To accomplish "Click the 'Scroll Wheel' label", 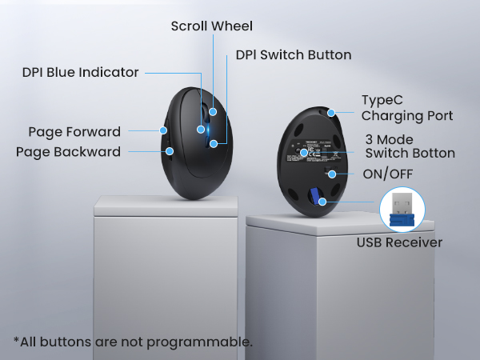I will tap(211, 26).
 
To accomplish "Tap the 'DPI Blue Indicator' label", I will tap(80, 73).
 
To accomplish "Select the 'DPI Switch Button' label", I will tap(294, 55).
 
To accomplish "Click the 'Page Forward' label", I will tap(74, 132).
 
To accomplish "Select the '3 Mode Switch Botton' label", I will tap(410, 146).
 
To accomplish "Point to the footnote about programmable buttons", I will tap(133, 342).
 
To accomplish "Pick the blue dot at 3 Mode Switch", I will tap(304, 152).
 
